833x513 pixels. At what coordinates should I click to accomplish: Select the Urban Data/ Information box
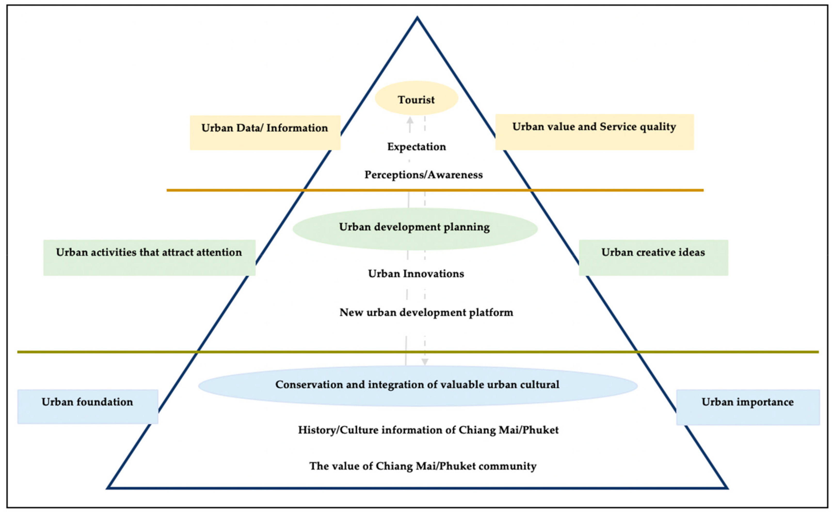point(265,132)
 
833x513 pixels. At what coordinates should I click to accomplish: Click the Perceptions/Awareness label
point(423,175)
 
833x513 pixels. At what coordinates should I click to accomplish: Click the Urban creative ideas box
point(653,258)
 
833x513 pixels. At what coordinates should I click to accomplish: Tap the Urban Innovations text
point(416,274)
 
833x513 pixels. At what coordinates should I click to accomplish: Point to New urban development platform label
point(426,312)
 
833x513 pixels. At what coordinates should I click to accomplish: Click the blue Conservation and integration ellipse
point(417,386)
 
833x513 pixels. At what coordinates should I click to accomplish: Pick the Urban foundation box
point(87,406)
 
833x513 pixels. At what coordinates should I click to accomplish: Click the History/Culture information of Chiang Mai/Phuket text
point(428,430)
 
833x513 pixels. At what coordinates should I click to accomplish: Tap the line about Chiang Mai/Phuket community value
point(423,466)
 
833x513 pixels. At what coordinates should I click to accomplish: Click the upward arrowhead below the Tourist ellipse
point(410,120)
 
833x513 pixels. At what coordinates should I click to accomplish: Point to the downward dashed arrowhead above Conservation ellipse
point(424,362)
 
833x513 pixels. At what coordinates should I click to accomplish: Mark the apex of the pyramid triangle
point(417,18)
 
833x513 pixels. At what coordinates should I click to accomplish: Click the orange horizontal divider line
point(577,190)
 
